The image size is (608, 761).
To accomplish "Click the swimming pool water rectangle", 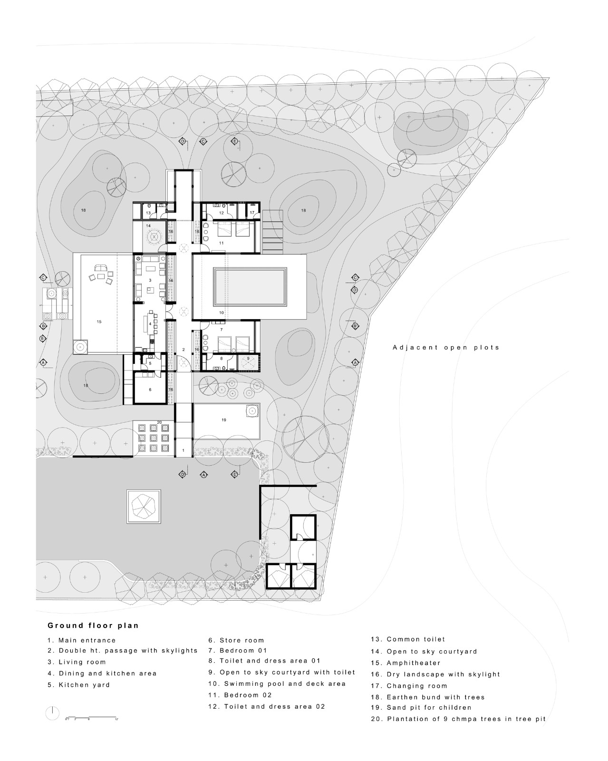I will coord(250,287).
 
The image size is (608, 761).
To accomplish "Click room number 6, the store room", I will coord(150,390).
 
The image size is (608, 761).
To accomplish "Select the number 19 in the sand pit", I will coord(223,420).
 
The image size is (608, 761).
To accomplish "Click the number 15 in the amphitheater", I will coord(99,322).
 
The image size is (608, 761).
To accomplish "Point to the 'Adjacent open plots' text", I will coord(446,347).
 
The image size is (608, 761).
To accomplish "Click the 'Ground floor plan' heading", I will coord(93,625).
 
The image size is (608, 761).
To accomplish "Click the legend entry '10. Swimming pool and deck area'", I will coord(277,683).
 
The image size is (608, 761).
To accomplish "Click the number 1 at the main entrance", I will coord(183,450).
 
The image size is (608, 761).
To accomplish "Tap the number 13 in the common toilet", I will coord(148,213).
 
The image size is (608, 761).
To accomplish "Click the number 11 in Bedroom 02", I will coord(221,243).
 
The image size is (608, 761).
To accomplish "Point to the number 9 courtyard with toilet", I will coord(248,358).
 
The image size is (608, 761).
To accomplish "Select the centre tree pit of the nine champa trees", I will coord(153,438).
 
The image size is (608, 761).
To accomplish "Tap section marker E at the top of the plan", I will coord(234,141).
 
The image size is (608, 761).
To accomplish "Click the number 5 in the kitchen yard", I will coord(150,363).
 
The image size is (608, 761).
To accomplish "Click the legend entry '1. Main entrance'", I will coord(81,640).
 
